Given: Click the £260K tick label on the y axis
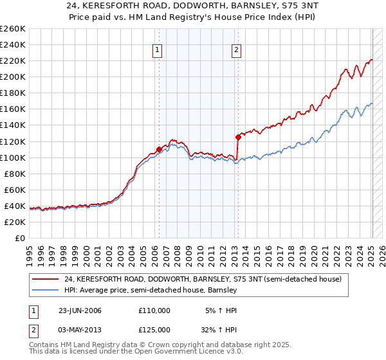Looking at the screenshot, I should (x=13, y=29).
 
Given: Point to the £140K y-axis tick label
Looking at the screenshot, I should (x=13, y=125).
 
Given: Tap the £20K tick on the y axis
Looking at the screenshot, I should (x=15, y=222).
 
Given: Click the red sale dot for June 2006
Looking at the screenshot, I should (x=159, y=149).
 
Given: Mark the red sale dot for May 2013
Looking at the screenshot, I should (x=237, y=137).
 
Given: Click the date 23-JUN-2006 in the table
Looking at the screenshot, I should (x=80, y=310).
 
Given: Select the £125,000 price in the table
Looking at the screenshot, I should (x=154, y=329).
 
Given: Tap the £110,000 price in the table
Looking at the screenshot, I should (x=154, y=310).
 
